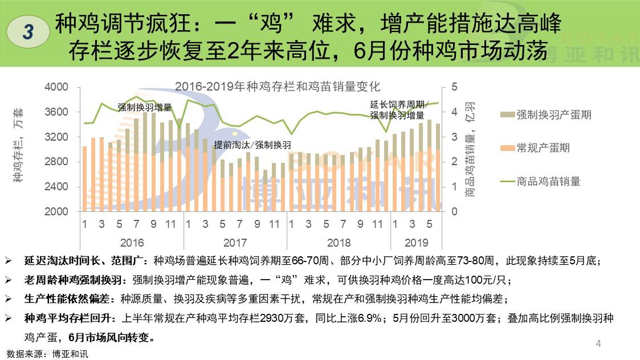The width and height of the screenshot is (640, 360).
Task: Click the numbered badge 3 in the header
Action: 28,32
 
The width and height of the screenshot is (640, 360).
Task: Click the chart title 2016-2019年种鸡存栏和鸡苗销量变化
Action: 278,87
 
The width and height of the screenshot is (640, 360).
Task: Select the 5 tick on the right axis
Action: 454,87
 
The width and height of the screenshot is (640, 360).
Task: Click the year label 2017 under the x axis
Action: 235,243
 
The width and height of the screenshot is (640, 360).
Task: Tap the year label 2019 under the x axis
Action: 416,243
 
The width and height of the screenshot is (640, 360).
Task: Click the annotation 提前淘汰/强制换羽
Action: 252,145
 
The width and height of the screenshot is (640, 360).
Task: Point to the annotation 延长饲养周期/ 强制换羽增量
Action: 397,110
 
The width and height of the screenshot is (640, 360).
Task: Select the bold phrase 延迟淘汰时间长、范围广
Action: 87,261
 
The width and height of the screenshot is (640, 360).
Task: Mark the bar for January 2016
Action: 84,179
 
